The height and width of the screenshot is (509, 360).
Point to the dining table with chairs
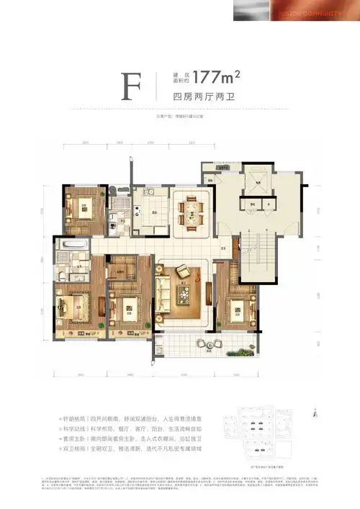pyautogui.click(x=192, y=210)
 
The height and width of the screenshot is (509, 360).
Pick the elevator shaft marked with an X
pyautogui.click(x=255, y=180)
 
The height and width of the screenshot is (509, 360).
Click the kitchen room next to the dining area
pyautogui.click(x=153, y=211)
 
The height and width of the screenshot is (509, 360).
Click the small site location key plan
pyautogui.click(x=260, y=432)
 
